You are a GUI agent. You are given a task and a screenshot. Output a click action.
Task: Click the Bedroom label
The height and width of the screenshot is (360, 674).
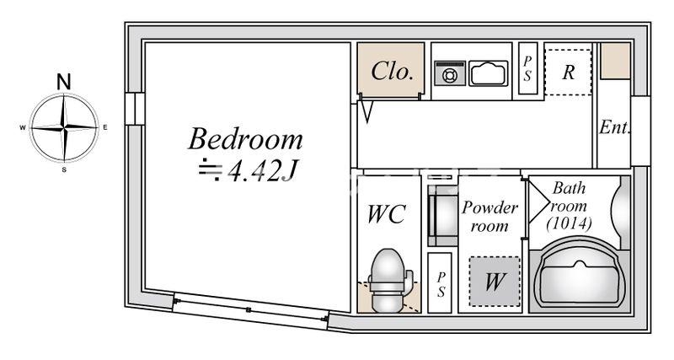tap(245, 139)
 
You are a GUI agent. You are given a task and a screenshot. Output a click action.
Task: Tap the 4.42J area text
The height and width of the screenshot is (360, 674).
tap(263, 171)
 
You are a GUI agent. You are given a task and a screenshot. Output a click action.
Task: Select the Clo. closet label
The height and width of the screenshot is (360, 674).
tap(392, 72)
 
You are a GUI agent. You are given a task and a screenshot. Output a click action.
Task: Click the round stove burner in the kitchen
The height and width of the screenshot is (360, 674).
tap(449, 76)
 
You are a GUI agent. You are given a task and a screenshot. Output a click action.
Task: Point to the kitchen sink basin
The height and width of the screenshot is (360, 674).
tap(489, 73)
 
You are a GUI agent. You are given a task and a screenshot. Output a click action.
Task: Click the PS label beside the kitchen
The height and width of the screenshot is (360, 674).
tap(527, 68)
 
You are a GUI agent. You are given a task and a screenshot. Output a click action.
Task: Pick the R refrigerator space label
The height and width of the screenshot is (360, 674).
tap(568, 73)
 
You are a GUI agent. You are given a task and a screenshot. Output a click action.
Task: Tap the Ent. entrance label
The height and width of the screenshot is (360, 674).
tap(615, 126)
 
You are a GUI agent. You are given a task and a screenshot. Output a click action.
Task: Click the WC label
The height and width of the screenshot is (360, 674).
tap(387, 214)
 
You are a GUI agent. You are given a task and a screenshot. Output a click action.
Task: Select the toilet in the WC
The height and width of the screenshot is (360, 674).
tap(388, 280)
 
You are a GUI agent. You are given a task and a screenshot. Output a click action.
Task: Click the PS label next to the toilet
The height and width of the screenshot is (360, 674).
tap(440, 284)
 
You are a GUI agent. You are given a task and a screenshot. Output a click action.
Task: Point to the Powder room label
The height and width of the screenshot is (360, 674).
tap(489, 216)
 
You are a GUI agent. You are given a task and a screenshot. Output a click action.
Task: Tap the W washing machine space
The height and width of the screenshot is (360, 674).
tap(495, 282)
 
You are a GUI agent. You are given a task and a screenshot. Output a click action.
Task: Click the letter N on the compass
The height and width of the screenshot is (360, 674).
tap(64, 82)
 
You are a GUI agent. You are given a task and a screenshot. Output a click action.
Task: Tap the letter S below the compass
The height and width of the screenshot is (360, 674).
tap(64, 169)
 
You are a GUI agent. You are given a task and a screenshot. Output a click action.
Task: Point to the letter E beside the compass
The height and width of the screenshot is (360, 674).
tap(105, 127)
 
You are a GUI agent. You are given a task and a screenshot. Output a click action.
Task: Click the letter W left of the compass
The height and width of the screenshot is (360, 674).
tap(23, 128)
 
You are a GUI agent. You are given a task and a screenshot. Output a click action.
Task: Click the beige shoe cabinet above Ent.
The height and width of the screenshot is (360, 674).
tap(615, 60)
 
